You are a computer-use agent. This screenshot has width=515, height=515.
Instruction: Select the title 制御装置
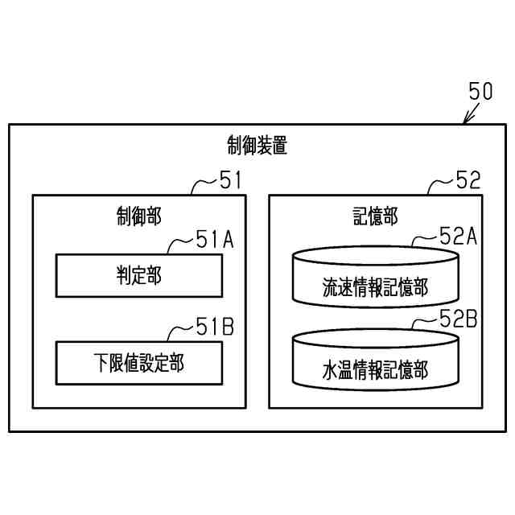(x=257, y=146)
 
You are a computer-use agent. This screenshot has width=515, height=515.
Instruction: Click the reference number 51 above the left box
(x=230, y=180)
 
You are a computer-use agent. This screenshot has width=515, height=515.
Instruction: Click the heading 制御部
(x=138, y=216)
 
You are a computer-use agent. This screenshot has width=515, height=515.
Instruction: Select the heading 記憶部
(x=375, y=216)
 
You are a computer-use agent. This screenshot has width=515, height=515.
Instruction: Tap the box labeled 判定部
(x=138, y=275)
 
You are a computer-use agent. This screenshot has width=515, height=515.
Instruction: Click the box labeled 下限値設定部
(x=138, y=362)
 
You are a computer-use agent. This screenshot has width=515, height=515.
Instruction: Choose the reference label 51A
(x=214, y=239)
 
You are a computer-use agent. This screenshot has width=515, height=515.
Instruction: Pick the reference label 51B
(x=214, y=326)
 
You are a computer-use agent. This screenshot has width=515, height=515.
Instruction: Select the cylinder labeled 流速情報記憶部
(x=375, y=276)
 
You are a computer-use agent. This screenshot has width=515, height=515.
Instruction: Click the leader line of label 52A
(x=423, y=240)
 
